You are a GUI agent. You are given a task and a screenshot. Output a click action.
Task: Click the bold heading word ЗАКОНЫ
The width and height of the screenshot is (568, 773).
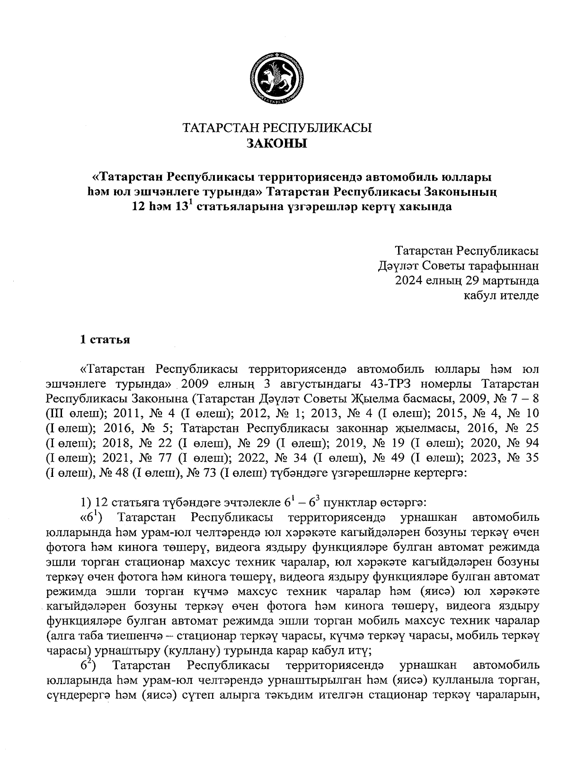[x=277, y=143]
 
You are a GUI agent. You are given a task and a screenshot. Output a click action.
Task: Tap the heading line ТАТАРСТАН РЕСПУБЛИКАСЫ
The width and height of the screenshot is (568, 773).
[x=277, y=128]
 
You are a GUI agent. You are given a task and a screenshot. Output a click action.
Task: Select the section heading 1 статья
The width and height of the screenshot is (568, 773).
[x=105, y=340]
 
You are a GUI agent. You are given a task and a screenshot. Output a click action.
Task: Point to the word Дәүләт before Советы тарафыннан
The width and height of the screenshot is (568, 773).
[x=396, y=265]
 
